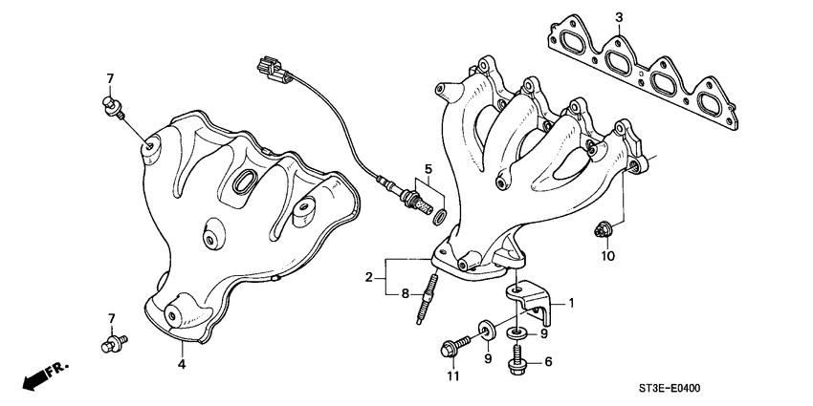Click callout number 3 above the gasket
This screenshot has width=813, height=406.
[x=619, y=17]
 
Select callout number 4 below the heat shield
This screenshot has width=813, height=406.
[x=181, y=362]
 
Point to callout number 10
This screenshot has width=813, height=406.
[x=606, y=256]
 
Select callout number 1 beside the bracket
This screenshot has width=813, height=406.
[x=571, y=303]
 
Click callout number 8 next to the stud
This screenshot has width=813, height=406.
[x=405, y=293]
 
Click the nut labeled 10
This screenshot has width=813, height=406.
[x=604, y=229]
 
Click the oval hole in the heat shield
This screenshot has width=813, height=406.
[x=243, y=180]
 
